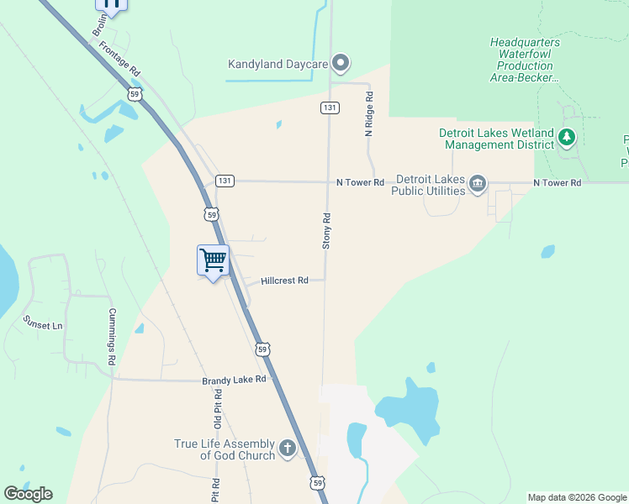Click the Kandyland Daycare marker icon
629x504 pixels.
pyautogui.click(x=341, y=63)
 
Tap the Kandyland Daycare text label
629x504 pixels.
pyautogui.click(x=277, y=64)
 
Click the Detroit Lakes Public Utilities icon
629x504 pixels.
pyautogui.click(x=478, y=184)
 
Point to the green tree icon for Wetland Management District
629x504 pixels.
pyautogui.click(x=568, y=138)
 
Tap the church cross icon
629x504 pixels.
pyautogui.click(x=288, y=449)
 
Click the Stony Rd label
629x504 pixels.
pyautogui.click(x=327, y=230)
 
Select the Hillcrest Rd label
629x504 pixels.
pyautogui.click(x=284, y=281)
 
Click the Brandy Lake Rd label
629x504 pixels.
pyautogui.click(x=234, y=380)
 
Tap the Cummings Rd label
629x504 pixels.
pyautogui.click(x=111, y=336)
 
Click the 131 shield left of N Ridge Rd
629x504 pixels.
pyautogui.click(x=330, y=108)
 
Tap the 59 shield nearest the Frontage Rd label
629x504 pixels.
pyautogui.click(x=135, y=94)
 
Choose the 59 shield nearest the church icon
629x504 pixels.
pyautogui.click(x=316, y=482)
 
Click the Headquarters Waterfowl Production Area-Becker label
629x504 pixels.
pyautogui.click(x=525, y=60)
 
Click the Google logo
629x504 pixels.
pyautogui.click(x=28, y=494)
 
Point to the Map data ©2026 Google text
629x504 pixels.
pyautogui.click(x=577, y=497)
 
